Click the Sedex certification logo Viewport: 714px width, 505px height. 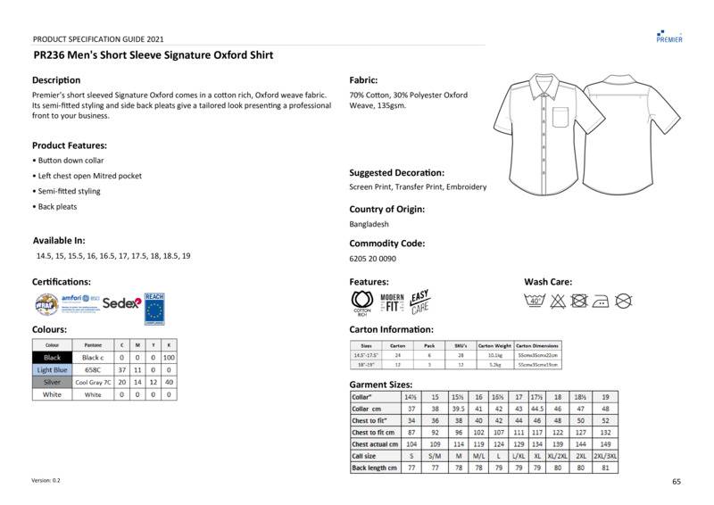[x=121, y=303]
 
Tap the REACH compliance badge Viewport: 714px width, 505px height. [x=154, y=306]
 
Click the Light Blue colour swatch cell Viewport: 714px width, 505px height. [x=52, y=369]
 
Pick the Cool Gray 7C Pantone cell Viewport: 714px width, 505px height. [x=92, y=382]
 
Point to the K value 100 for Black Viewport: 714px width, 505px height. [x=169, y=357]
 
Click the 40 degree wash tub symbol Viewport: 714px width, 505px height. [x=535, y=301]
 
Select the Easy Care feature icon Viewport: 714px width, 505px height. [x=420, y=302]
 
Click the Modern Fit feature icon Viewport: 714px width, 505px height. [x=392, y=302]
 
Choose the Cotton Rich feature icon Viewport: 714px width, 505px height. [x=362, y=303]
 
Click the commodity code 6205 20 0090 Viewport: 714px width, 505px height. [x=372, y=259]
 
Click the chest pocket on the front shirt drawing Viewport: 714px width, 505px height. [x=560, y=115]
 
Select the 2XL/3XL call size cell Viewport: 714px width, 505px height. [x=605, y=455]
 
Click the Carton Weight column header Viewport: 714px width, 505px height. [x=494, y=344]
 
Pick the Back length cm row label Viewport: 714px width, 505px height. [x=374, y=468]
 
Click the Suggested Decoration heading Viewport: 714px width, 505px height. [x=396, y=173]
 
